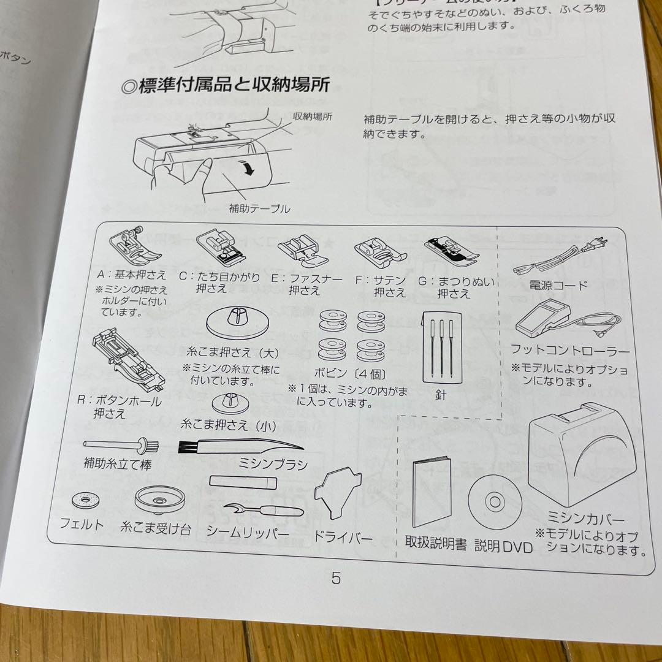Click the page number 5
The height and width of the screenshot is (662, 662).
tap(336, 578)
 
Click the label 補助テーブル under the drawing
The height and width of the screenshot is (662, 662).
tap(259, 209)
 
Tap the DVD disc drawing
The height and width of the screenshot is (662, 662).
tap(495, 503)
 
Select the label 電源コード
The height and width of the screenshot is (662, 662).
tap(558, 286)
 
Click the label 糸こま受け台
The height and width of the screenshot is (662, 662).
tap(156, 528)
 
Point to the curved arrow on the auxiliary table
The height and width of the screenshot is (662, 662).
tap(248, 166)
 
